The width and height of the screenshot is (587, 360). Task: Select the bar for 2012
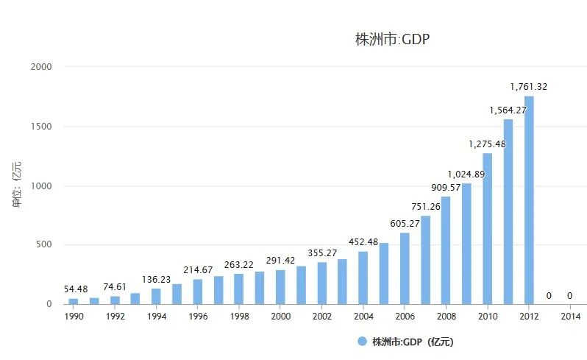click(529, 200)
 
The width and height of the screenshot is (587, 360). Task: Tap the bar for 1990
click(74, 301)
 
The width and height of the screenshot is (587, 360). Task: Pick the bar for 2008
click(446, 250)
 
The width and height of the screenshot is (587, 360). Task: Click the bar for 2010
click(487, 228)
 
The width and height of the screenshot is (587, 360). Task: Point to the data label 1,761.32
click(529, 87)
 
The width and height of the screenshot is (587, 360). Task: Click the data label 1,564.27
click(508, 110)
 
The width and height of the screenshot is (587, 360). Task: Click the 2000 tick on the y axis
click(41, 67)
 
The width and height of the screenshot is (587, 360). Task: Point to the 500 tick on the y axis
click(44, 245)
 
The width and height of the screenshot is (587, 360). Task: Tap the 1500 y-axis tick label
click(41, 127)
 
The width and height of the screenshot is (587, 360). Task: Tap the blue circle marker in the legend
click(361, 342)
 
